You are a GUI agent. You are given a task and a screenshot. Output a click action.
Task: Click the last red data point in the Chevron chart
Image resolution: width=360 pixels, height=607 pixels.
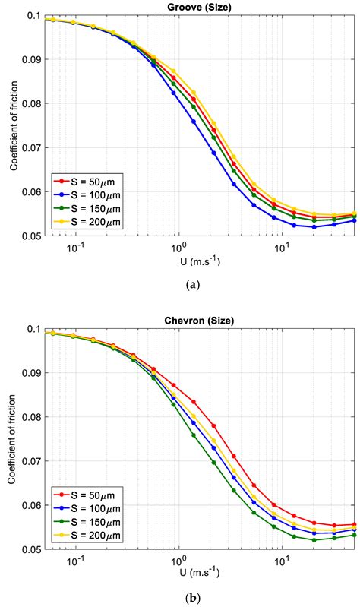[x=355, y=524]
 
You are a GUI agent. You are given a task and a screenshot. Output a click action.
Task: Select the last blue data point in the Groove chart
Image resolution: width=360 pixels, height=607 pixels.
[x=355, y=220]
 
